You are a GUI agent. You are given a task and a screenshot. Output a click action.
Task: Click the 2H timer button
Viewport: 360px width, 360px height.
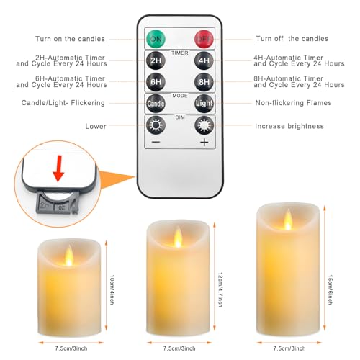pos(156,60)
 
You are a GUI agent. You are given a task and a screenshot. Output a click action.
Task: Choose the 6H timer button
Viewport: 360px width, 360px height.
pos(156,81)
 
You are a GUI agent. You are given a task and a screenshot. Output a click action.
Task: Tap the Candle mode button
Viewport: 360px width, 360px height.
pos(156,103)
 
